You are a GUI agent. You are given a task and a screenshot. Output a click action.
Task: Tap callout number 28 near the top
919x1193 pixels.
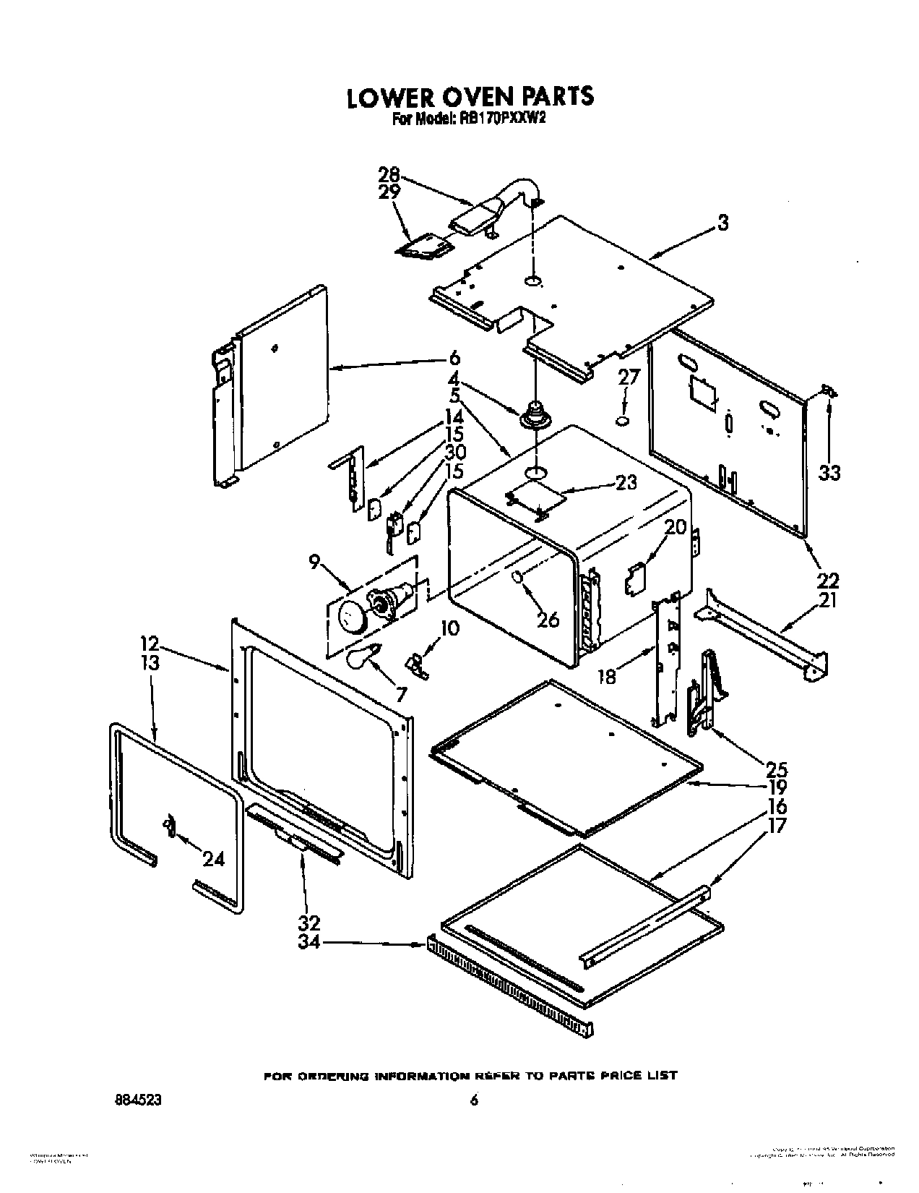(389, 175)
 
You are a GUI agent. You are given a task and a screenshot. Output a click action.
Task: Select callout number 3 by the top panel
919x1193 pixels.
(722, 223)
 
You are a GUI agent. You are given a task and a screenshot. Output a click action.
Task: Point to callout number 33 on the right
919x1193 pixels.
(829, 473)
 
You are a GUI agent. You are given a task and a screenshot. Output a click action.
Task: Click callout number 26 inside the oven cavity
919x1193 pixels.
(548, 619)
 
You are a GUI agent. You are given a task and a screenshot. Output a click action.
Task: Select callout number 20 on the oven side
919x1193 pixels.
(675, 527)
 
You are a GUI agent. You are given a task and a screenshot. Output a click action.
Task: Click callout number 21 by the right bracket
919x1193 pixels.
(828, 599)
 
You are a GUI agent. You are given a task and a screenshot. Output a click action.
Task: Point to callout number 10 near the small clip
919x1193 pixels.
(449, 628)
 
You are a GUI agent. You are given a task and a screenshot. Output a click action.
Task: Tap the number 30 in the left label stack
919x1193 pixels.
(454, 453)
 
